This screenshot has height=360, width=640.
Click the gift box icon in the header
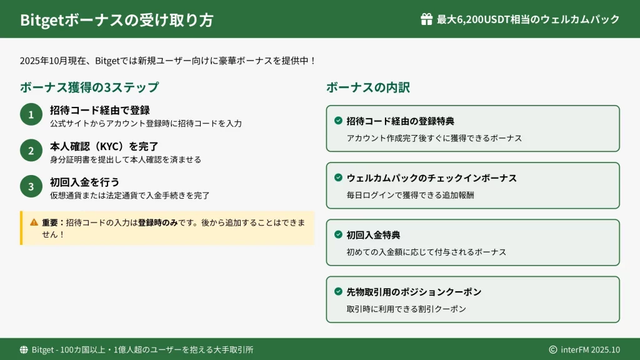tap(426, 19)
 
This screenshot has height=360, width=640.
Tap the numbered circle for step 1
tap(31, 114)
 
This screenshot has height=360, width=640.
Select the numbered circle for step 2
tap(31, 151)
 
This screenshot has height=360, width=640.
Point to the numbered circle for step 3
tap(31, 186)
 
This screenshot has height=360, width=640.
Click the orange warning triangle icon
tap(34, 222)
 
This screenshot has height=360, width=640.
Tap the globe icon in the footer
tap(24, 350)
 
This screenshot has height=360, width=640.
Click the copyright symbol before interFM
tap(553, 350)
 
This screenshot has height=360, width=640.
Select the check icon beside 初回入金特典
tap(338, 234)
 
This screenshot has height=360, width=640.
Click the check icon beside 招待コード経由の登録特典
tap(338, 121)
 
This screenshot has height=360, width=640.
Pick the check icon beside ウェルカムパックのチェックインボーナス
tap(338, 177)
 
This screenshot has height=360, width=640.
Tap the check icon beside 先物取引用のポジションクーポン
tap(338, 291)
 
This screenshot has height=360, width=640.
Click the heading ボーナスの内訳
tap(367, 87)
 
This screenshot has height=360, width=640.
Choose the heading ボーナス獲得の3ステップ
tap(89, 87)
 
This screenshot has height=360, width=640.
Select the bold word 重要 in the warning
tap(50, 222)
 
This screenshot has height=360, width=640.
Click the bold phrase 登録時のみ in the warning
tap(157, 222)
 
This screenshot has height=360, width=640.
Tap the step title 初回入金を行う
tap(84, 182)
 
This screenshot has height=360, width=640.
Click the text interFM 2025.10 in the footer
tap(590, 350)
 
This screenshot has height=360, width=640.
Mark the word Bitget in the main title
tap(42, 20)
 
